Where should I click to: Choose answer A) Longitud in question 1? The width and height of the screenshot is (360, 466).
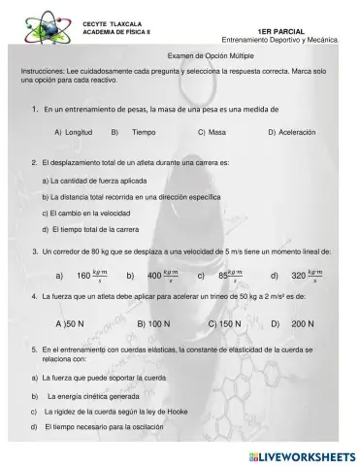tap(73, 131)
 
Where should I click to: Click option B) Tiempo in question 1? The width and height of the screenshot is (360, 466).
tap(135, 131)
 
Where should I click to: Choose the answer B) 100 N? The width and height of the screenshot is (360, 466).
tap(153, 323)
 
